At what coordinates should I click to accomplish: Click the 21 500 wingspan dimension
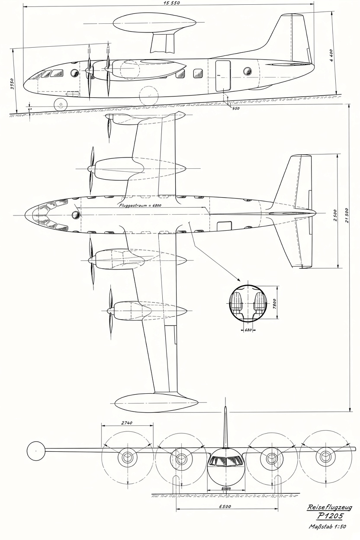click(347, 215)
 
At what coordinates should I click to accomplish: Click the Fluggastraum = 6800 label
click(140, 205)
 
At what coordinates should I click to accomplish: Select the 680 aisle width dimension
click(248, 330)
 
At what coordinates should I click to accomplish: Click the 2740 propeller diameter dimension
click(127, 423)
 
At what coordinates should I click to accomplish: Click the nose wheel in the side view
click(60, 104)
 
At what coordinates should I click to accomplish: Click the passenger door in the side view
click(223, 76)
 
